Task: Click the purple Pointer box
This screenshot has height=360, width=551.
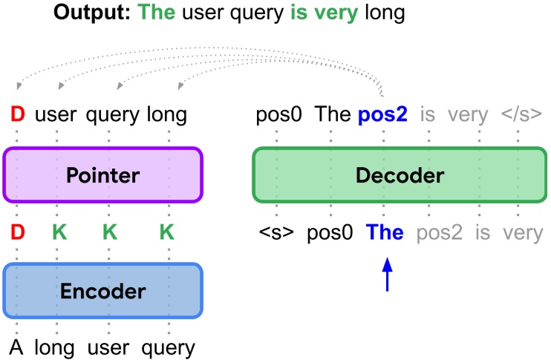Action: [x=102, y=175]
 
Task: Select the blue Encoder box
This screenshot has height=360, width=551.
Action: [x=102, y=290]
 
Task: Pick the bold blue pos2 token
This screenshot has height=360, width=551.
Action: [x=383, y=115]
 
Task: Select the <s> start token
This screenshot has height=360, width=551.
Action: [x=276, y=233]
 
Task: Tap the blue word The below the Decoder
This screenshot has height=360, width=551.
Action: [x=385, y=233]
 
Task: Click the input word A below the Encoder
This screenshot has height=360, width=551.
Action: [x=16, y=347]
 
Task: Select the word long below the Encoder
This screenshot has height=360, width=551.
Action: [x=56, y=347]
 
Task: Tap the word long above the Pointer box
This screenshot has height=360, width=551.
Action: [x=166, y=115]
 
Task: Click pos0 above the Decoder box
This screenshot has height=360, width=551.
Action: [x=277, y=115]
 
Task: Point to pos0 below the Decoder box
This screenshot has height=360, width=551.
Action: [x=330, y=233]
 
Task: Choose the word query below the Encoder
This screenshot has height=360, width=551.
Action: [x=169, y=347]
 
